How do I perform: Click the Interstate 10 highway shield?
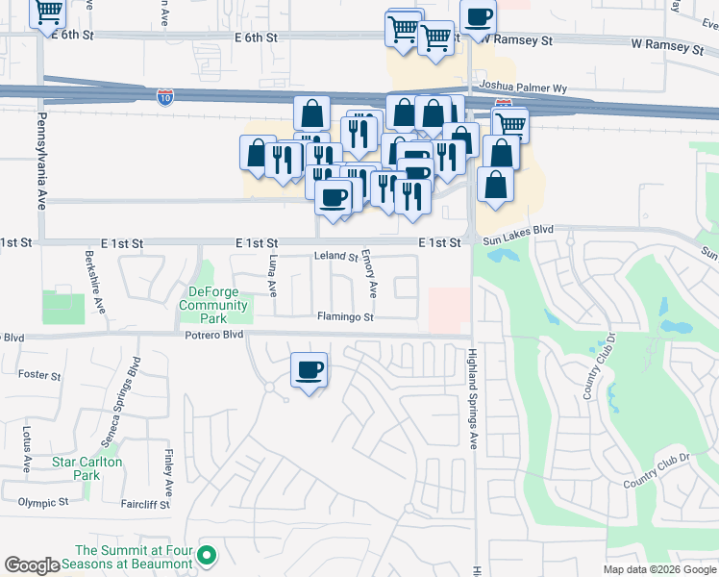[165, 96]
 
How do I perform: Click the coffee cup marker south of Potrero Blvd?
[309, 370]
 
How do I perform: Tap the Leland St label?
[336, 257]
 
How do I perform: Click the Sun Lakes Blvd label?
[519, 231]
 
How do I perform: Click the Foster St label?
[39, 375]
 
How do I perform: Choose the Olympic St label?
[43, 502]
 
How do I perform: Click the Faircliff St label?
[145, 504]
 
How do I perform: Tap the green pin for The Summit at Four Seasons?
[207, 555]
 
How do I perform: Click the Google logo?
[32, 566]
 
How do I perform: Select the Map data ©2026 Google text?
[658, 569]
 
